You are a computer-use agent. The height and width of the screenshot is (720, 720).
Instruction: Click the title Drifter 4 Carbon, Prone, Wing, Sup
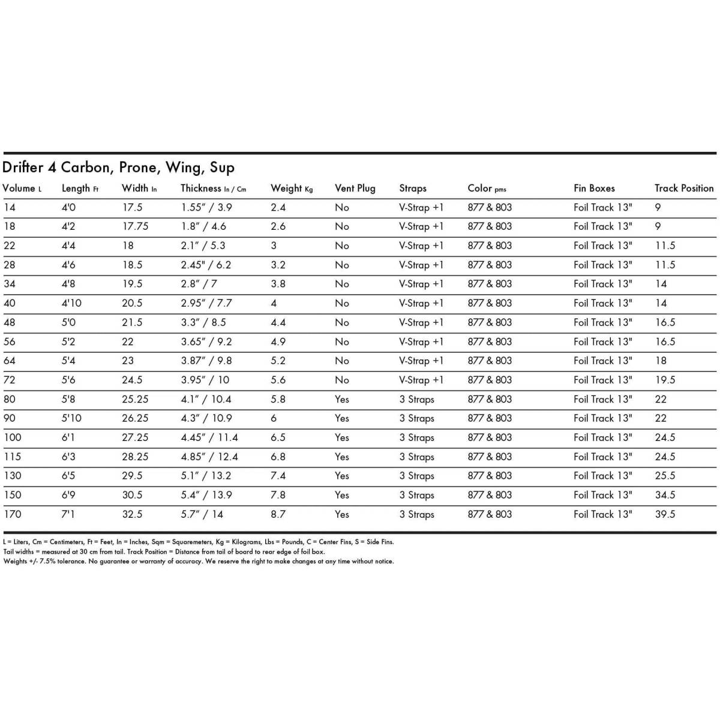click(118, 167)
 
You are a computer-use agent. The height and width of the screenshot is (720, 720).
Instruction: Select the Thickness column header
click(213, 188)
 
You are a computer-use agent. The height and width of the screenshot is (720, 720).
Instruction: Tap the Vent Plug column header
click(355, 188)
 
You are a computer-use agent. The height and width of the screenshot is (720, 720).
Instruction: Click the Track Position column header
click(683, 188)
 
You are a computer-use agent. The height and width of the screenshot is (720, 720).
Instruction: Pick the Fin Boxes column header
click(594, 188)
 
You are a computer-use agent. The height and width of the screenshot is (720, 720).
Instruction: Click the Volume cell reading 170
click(12, 514)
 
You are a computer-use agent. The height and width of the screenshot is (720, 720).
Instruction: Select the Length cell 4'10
click(71, 303)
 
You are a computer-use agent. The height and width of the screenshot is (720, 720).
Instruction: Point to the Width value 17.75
click(135, 226)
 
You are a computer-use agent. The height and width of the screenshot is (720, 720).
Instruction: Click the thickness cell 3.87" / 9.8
click(206, 361)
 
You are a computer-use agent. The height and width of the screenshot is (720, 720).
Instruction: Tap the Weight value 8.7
click(278, 514)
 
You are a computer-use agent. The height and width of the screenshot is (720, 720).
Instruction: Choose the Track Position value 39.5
click(665, 514)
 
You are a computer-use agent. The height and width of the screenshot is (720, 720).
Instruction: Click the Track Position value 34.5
click(665, 495)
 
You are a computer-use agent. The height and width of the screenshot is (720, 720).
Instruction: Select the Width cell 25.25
click(135, 399)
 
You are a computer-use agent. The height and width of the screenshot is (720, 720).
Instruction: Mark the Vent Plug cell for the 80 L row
click(342, 399)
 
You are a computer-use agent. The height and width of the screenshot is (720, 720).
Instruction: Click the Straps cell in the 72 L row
click(421, 380)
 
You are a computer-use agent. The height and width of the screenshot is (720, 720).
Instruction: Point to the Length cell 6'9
click(68, 495)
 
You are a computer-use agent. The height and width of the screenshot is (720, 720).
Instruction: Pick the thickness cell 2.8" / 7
click(199, 284)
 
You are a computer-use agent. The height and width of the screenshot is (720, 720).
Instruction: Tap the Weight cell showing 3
click(274, 245)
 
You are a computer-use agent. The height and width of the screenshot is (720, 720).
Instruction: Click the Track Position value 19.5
click(665, 380)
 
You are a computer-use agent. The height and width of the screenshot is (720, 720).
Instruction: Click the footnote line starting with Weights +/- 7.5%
click(198, 562)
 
